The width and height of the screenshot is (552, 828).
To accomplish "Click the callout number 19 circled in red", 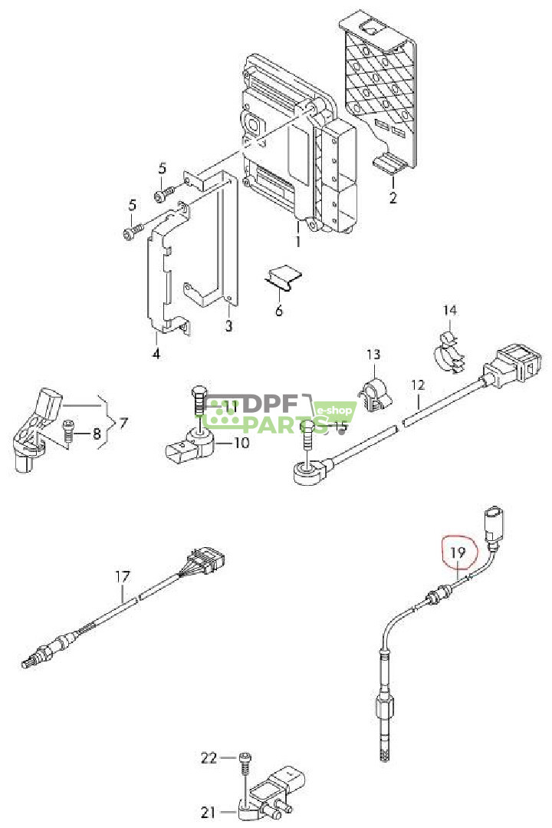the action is pyautogui.click(x=458, y=553).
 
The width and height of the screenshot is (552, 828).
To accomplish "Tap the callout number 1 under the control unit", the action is pyautogui.click(x=298, y=241).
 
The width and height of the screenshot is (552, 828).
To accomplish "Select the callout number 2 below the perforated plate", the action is pyautogui.click(x=393, y=197).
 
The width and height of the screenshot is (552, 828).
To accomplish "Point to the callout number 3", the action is pyautogui.click(x=228, y=326).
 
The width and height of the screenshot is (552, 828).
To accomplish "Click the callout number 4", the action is pyautogui.click(x=156, y=353).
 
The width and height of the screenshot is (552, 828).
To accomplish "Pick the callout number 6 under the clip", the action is pyautogui.click(x=279, y=310).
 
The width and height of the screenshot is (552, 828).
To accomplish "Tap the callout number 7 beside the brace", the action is pyautogui.click(x=123, y=423).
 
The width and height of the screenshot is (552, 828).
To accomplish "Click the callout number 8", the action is pyautogui.click(x=97, y=434).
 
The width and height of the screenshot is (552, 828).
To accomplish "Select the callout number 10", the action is pyautogui.click(x=241, y=442).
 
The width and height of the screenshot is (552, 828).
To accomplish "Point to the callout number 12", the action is pyautogui.click(x=417, y=385).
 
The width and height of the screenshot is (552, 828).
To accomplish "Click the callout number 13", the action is pyautogui.click(x=373, y=354).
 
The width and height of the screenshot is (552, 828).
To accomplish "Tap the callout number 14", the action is pyautogui.click(x=449, y=310).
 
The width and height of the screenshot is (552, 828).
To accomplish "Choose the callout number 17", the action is pyautogui.click(x=122, y=576).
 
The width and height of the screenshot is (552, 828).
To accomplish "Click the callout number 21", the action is pyautogui.click(x=209, y=812).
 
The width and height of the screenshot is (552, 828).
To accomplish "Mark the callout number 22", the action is pyautogui.click(x=209, y=757).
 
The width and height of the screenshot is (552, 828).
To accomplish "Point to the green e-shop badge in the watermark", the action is pyautogui.click(x=333, y=411).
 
